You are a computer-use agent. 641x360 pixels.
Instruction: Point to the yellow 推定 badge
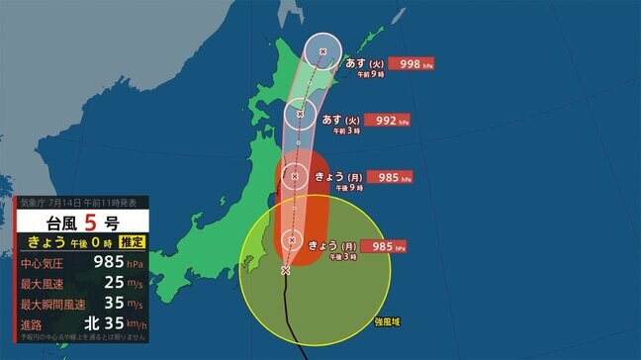coord(133,241)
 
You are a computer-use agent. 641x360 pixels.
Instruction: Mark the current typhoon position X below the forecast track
coord(286,270)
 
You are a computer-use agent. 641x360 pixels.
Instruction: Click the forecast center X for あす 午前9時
coord(322,51)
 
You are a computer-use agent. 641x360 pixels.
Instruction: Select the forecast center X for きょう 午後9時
coord(294,178)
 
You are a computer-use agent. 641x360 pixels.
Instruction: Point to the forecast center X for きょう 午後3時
coord(292,239)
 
